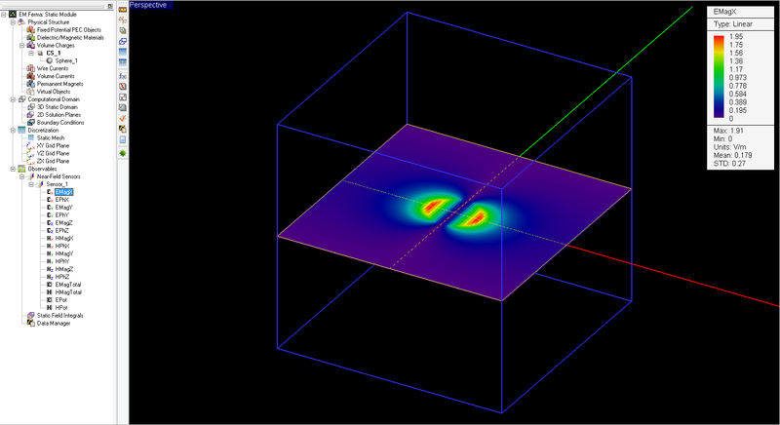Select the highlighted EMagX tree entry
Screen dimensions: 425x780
tap(64, 192)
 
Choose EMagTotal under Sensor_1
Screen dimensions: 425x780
tap(70, 285)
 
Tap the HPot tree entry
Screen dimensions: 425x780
tap(61, 307)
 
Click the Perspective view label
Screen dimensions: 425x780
tap(148, 5)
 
